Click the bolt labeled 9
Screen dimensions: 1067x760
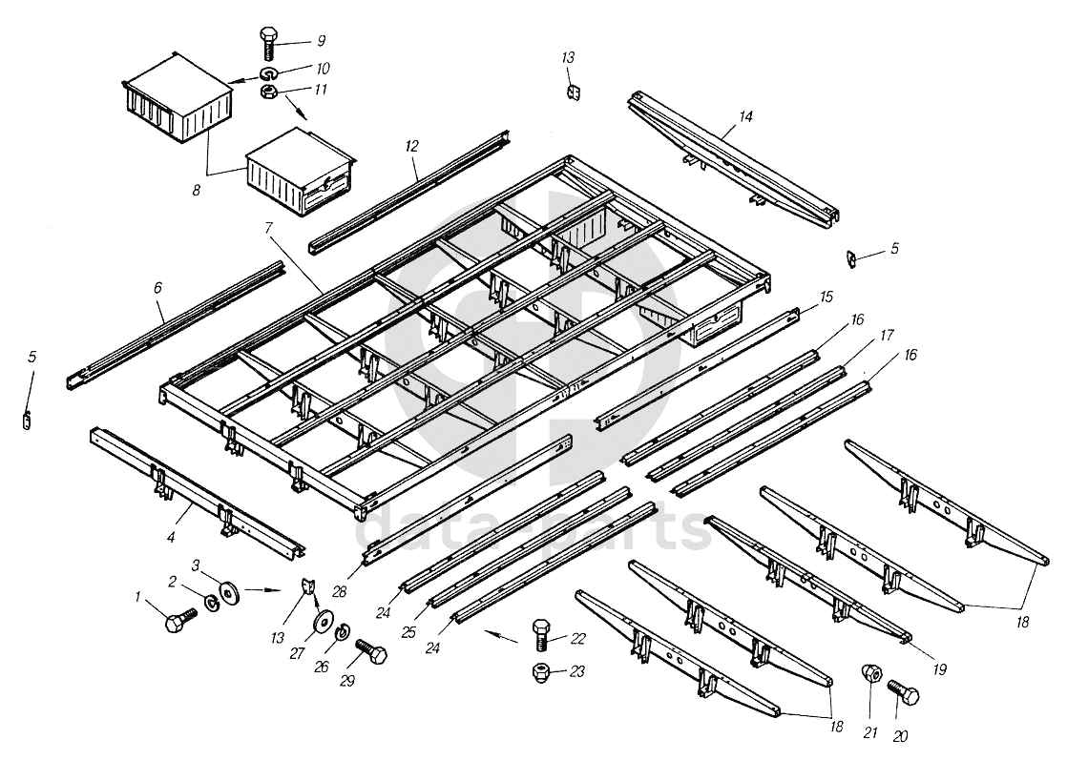(267, 44)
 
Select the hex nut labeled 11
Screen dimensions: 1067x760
(267, 92)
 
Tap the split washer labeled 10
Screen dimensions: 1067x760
(267, 72)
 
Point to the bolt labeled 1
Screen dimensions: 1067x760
(179, 620)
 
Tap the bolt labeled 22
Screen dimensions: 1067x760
(540, 633)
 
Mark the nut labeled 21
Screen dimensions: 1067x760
(871, 673)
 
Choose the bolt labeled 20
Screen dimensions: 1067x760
(904, 693)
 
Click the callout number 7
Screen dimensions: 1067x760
(269, 228)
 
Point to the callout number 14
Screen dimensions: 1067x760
(745, 116)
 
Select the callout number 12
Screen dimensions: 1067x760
(411, 146)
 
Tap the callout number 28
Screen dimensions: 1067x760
(339, 592)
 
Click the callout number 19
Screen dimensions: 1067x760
(939, 668)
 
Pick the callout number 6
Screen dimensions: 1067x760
(157, 288)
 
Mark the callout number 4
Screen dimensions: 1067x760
(171, 538)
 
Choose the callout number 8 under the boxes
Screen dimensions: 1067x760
(196, 191)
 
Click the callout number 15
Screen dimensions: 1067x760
(826, 298)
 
